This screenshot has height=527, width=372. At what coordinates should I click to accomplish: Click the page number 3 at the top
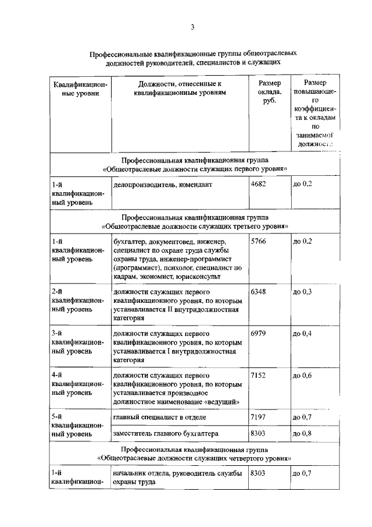coord(191,27)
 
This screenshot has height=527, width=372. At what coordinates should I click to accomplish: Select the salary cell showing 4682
coord(258,185)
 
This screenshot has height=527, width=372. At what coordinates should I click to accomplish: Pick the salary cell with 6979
coord(258,333)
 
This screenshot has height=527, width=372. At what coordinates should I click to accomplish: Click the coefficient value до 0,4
coord(302,333)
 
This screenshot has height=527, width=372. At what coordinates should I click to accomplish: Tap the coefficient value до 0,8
coord(302,433)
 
